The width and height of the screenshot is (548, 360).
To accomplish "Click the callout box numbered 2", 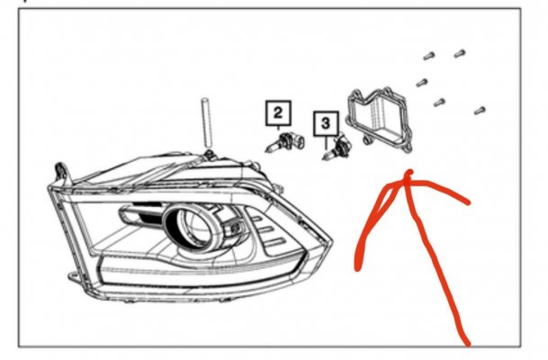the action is pos(278,112).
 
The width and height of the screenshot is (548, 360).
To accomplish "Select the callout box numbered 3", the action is pos(326,123).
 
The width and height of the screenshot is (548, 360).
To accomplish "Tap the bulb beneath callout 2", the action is pos(285,142).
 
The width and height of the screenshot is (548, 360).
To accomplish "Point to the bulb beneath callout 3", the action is pos(337,148).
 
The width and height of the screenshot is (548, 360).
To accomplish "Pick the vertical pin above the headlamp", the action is pos(206,122).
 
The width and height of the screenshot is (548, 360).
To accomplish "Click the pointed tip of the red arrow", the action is pos(409,172).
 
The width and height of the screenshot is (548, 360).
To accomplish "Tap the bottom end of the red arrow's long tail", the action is pos(467,343).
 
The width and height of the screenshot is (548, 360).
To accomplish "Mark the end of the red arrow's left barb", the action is pos(357,267).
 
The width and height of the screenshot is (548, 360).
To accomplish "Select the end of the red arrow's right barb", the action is pos(468,202).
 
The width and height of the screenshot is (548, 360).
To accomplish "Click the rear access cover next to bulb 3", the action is pos(379,119).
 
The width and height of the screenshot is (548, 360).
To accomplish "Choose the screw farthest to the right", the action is pos(480,111).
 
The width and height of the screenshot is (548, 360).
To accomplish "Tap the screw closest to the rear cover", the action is pos(422,83).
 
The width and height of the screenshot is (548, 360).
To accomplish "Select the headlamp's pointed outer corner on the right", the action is pos(332,240).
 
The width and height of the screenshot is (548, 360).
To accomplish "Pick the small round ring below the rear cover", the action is pos(366,140).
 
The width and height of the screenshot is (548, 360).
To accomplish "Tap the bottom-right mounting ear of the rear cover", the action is pos(407,148).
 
